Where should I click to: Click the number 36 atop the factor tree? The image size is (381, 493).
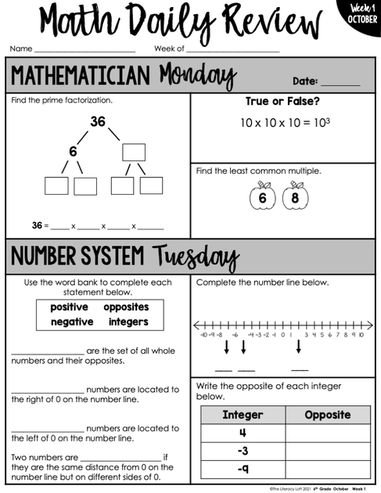tap(97, 122)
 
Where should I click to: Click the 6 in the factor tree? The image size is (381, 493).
tap(73, 151)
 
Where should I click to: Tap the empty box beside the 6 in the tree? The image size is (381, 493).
tap(133, 152)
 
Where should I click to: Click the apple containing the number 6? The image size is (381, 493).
tap(262, 197)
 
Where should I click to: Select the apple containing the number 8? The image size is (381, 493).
tap(295, 197)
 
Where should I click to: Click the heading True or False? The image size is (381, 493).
tap(284, 102)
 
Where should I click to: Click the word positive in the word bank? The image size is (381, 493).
tap(69, 307)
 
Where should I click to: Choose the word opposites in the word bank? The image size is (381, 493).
tap(126, 307)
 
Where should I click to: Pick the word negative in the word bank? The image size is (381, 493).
tap(72, 322)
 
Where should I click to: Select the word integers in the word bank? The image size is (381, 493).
tap(128, 322)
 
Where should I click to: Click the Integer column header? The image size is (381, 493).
tap(243, 415)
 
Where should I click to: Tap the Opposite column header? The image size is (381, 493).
tap(327, 415)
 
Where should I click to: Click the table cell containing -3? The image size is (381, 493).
tap(243, 451)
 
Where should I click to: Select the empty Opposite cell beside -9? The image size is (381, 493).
tap(327, 469)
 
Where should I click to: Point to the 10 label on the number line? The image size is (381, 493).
tap(360, 334)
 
